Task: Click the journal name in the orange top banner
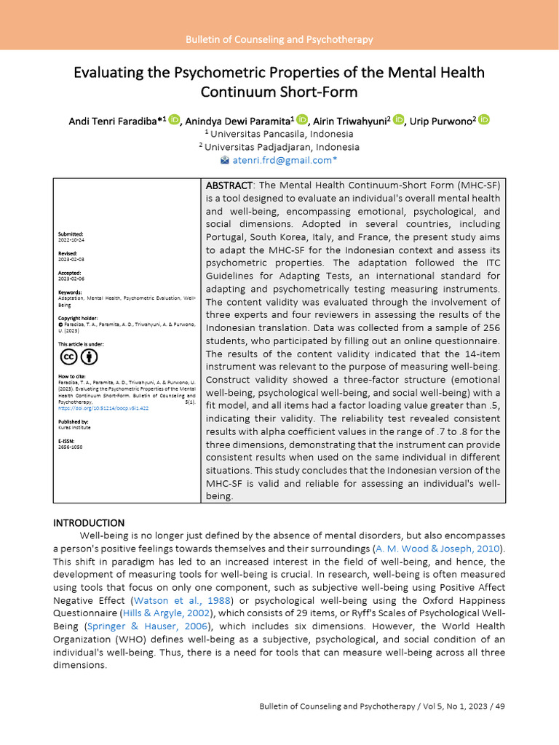click(279, 40)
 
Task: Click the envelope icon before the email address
click(225, 159)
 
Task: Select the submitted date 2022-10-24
click(71, 239)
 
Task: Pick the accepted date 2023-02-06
click(71, 279)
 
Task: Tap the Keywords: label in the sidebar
click(70, 292)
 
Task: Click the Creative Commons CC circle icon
click(68, 356)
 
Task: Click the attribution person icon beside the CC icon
click(89, 356)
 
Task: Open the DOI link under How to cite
click(103, 408)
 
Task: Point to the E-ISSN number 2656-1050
click(71, 447)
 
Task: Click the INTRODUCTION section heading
click(89, 522)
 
